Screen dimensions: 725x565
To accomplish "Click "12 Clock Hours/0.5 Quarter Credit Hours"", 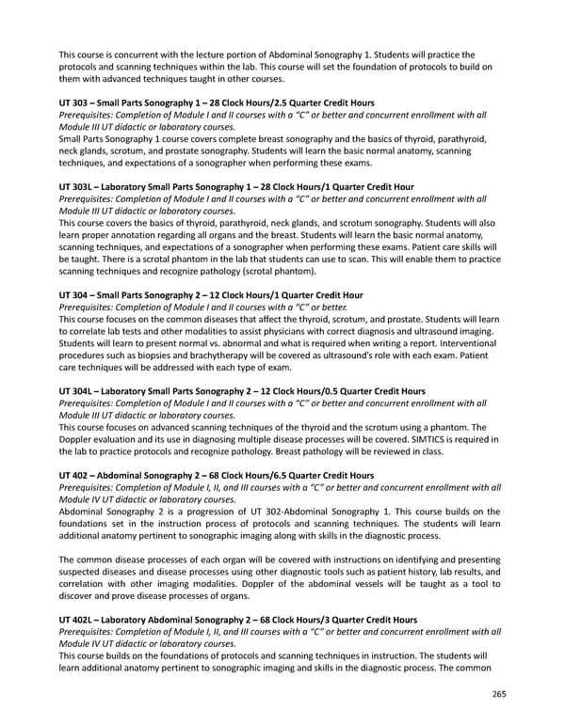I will [x=319, y=390].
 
